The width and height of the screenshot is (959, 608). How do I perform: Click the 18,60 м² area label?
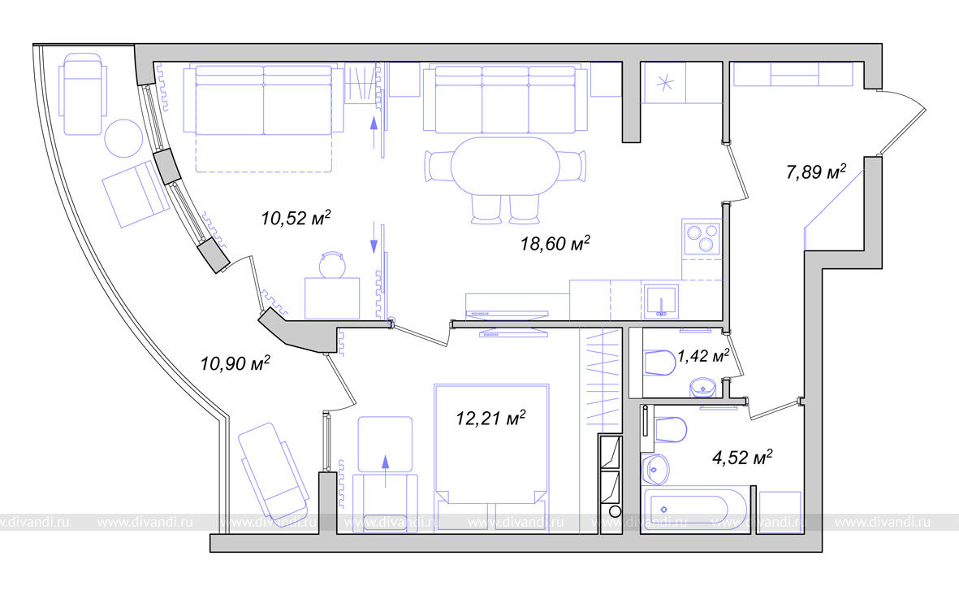click(555, 243)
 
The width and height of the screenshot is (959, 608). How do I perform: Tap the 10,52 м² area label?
click(296, 217)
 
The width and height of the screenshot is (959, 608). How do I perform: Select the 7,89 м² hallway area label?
click(816, 172)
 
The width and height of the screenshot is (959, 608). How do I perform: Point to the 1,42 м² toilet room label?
click(702, 356)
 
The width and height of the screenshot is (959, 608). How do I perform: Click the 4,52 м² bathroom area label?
click(742, 457)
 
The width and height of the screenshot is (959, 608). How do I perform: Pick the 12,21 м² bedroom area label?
click(490, 418)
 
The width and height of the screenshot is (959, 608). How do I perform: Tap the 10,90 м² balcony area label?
click(235, 363)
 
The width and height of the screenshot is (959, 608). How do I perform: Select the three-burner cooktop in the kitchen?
click(702, 238)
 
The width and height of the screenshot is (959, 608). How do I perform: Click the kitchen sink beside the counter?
click(661, 302)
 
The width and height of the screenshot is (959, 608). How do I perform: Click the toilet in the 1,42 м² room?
click(659, 363)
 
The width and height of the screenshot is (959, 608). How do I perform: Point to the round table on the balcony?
click(123, 138)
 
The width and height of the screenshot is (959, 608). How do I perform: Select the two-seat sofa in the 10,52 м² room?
click(264, 100)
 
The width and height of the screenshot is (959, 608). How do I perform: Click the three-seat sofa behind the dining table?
click(505, 98)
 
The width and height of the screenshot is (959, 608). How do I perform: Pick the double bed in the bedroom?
click(491, 458)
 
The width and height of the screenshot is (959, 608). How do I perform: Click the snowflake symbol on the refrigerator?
click(665, 82)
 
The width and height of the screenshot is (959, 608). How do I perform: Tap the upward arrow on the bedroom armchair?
click(386, 471)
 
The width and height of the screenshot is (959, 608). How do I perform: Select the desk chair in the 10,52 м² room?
click(333, 264)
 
